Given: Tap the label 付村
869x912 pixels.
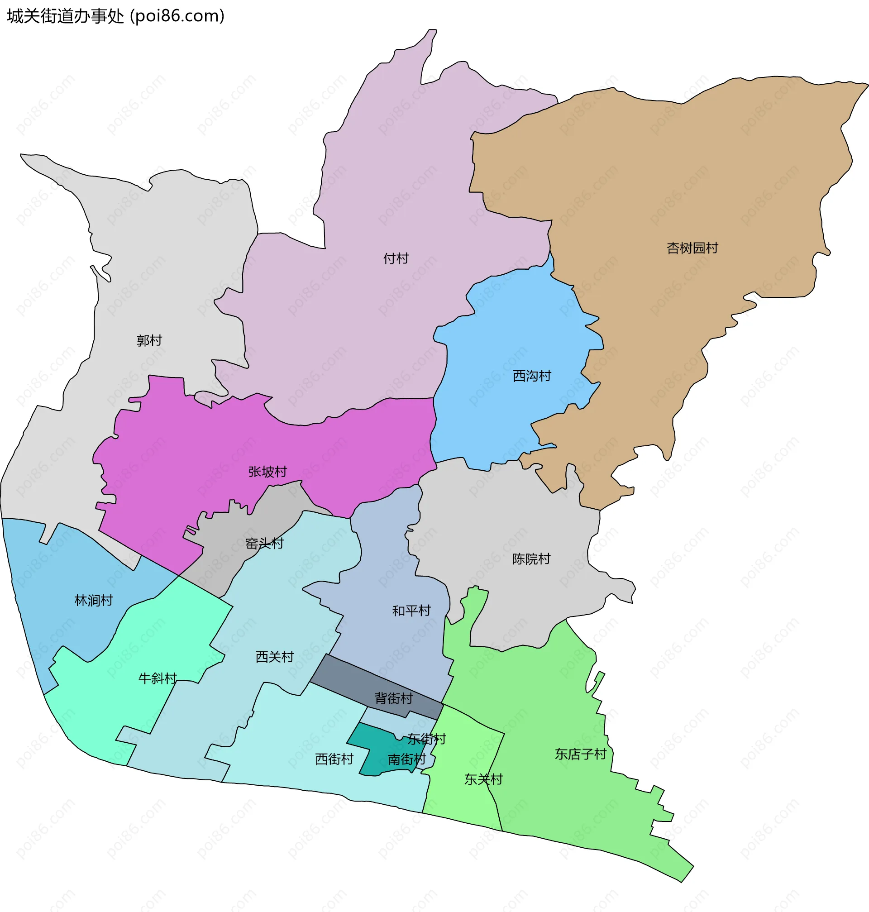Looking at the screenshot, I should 396,258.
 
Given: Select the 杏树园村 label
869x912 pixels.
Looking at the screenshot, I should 692,248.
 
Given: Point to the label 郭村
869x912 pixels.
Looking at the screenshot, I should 149,340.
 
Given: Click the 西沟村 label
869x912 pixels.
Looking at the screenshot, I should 532,376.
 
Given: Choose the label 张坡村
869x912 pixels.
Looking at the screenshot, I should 267,472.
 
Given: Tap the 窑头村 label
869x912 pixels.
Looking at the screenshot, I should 264,543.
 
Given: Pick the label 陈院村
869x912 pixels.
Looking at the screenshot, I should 531,559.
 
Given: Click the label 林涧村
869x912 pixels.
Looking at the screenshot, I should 94,601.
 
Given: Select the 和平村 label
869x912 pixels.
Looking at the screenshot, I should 411,611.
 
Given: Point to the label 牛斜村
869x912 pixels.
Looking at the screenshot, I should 158,678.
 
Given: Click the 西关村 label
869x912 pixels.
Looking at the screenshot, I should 274,657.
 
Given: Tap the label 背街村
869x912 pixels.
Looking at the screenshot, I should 393,698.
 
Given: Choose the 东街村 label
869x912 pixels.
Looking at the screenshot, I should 427,739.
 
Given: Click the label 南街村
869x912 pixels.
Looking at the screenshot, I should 406,759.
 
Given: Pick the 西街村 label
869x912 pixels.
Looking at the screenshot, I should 334,759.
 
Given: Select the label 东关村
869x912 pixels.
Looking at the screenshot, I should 483,779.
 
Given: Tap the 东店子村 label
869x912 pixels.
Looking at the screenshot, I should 580,754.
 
